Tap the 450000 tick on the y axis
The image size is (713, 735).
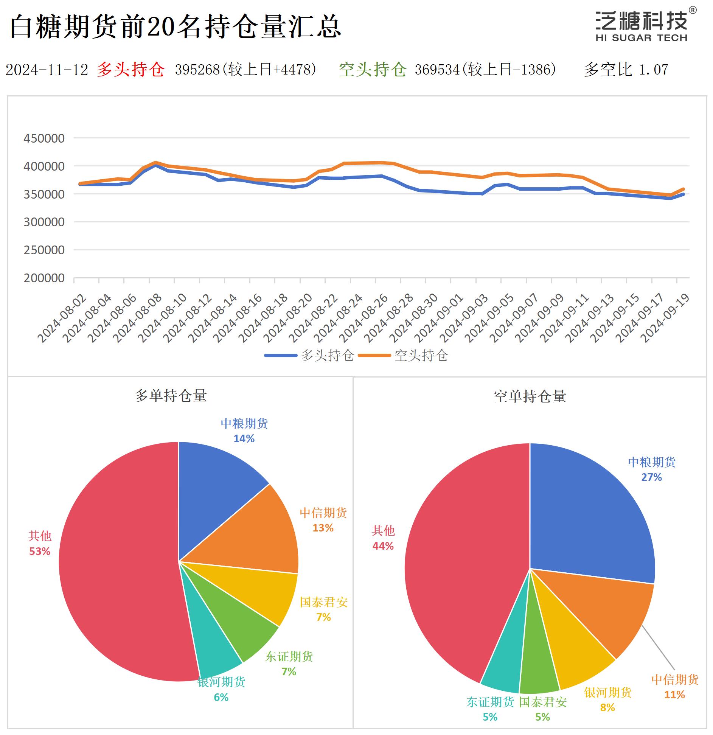(44, 138)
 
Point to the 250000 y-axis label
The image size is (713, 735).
(44, 250)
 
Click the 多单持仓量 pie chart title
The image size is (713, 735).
(171, 396)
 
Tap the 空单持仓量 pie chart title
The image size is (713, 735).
(530, 396)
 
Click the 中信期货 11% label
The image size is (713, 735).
(674, 687)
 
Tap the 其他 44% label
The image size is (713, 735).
(383, 538)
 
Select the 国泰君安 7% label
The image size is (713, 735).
(323, 609)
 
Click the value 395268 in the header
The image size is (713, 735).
(197, 69)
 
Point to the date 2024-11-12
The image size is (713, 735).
(47, 70)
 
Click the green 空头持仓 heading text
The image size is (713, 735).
(372, 69)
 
